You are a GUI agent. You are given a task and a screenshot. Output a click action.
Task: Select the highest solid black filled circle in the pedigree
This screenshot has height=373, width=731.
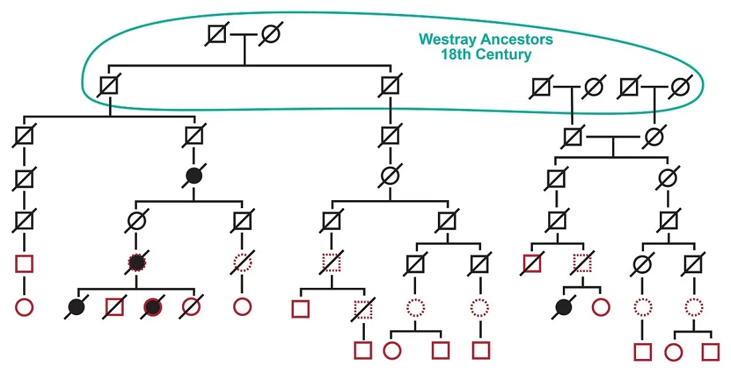(x=193, y=176)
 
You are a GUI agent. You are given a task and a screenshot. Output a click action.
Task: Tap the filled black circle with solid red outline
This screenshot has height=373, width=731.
(x=153, y=307)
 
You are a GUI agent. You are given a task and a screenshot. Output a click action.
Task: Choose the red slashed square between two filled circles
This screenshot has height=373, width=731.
(x=115, y=307)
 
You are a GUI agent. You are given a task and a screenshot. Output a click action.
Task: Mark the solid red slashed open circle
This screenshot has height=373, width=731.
(x=191, y=307)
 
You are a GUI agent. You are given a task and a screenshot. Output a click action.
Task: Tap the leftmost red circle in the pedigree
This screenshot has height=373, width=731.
(x=24, y=307)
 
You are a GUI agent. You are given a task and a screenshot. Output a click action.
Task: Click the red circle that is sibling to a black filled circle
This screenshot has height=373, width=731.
(x=600, y=307)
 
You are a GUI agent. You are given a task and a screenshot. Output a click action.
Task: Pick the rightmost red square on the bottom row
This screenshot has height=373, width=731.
(x=711, y=350)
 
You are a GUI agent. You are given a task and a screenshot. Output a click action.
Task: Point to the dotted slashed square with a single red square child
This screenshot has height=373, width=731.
(x=363, y=309)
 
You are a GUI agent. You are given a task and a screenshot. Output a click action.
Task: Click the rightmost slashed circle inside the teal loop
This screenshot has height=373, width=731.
(x=679, y=87)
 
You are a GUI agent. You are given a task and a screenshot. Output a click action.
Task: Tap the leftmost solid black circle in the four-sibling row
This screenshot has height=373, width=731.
(x=77, y=307)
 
